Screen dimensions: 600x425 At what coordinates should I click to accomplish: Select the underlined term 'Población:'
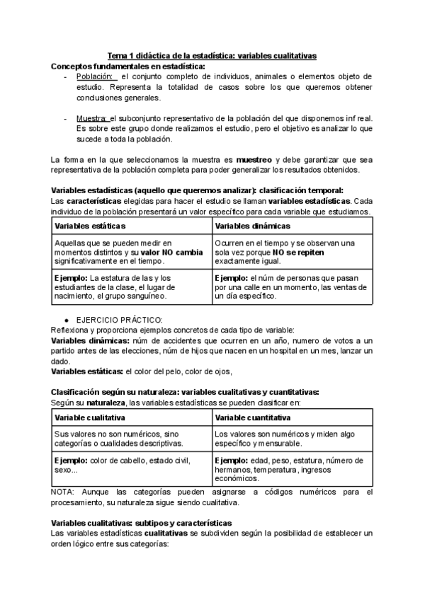click(96, 76)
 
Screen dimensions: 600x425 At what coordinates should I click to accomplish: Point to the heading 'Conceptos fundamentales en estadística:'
click(128, 65)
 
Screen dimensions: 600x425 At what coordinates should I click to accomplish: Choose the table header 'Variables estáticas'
click(90, 225)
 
